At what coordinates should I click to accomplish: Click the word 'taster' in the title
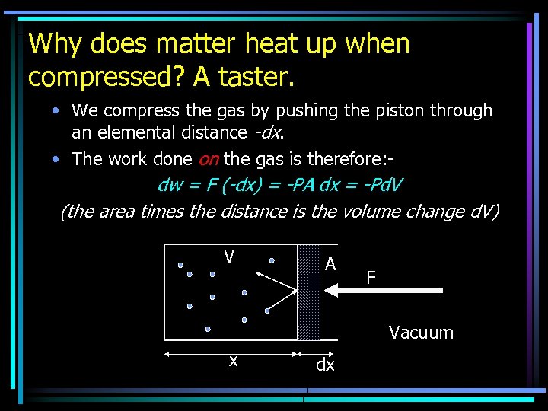[x=258, y=76]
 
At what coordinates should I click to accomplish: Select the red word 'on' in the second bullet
[x=209, y=159]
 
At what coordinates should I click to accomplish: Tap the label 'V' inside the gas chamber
[x=228, y=256]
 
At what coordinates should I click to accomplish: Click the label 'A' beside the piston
[x=330, y=264]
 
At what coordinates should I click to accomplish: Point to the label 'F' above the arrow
[x=371, y=278]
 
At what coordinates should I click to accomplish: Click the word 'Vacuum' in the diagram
[x=421, y=333]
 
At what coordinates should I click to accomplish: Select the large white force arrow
[x=384, y=290]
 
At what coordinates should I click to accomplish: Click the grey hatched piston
[x=308, y=292]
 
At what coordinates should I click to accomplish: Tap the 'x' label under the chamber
[x=234, y=361]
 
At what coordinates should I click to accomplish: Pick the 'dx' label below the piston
[x=325, y=365]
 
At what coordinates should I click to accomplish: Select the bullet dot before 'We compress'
[x=57, y=111]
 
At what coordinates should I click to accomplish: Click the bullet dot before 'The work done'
[x=57, y=160]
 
